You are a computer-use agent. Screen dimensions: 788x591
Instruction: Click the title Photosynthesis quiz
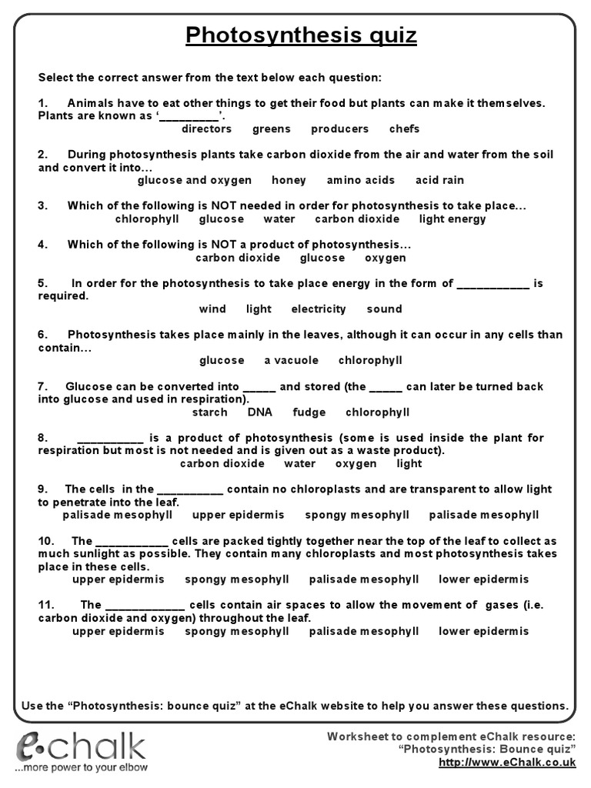click(302, 35)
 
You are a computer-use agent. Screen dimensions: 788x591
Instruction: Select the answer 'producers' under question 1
click(339, 129)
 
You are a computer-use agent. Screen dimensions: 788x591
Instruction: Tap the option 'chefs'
click(404, 129)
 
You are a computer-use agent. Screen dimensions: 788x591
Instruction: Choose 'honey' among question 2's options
click(289, 180)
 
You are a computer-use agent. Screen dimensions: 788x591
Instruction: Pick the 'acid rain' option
click(439, 180)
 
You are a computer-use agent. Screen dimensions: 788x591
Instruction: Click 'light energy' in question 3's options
click(452, 219)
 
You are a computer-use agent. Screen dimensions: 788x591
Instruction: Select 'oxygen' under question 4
click(385, 258)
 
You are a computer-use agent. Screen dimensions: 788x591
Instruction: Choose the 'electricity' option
click(319, 309)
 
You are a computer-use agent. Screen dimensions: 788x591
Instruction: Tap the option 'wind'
click(212, 309)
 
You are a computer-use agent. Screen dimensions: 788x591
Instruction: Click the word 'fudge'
click(309, 412)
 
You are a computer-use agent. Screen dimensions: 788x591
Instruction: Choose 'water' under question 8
click(299, 464)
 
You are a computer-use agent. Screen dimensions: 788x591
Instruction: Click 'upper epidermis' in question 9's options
click(238, 515)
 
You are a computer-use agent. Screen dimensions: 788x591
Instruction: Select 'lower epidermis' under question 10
click(483, 579)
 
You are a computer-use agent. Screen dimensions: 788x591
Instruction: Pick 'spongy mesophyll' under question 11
click(237, 631)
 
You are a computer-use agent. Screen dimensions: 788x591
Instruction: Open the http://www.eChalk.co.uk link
click(506, 763)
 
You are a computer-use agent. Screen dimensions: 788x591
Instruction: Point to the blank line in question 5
click(493, 284)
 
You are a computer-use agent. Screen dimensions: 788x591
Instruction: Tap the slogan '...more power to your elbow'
click(82, 767)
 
